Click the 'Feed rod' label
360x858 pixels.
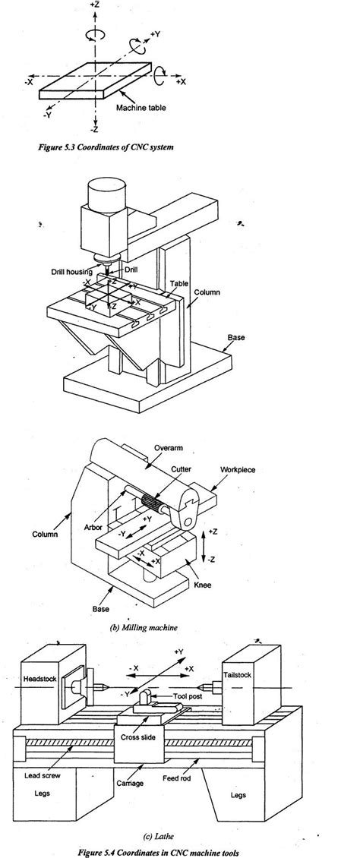(181, 757)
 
